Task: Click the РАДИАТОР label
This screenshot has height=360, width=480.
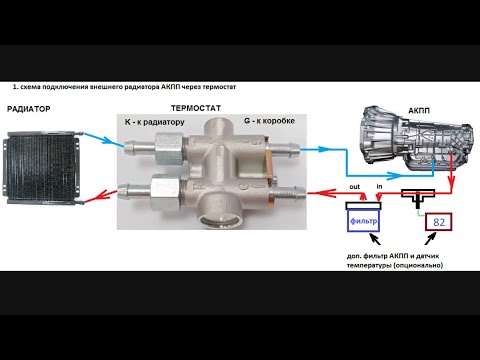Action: click(x=29, y=109)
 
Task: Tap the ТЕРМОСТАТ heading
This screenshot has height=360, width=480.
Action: click(x=196, y=108)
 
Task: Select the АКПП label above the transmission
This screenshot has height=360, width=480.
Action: click(x=419, y=110)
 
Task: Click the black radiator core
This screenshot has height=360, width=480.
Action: click(x=41, y=167)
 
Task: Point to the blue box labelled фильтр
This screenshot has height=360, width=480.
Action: click(x=364, y=220)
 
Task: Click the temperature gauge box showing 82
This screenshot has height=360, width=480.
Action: click(x=439, y=222)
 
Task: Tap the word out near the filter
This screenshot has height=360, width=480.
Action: click(x=355, y=187)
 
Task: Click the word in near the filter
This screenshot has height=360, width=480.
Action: click(x=379, y=186)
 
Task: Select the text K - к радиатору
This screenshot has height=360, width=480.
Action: click(x=155, y=122)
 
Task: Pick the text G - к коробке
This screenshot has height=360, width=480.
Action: click(x=269, y=121)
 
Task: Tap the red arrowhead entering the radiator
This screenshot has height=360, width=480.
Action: click(x=106, y=195)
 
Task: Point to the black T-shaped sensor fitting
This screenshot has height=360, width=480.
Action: click(x=418, y=197)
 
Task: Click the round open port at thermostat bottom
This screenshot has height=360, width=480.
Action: click(x=218, y=221)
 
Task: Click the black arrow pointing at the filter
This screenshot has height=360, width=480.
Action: click(x=375, y=238)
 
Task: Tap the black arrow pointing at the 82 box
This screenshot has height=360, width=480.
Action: click(x=430, y=239)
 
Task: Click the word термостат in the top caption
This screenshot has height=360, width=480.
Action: click(x=219, y=87)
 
